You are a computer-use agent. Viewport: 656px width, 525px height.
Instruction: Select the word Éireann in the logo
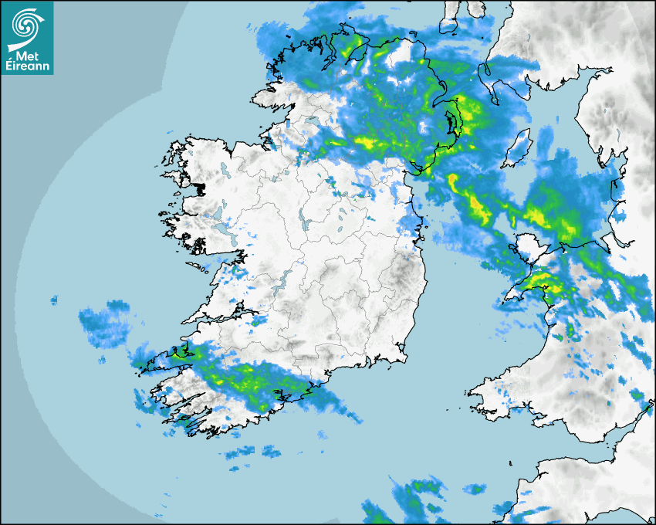[28, 66]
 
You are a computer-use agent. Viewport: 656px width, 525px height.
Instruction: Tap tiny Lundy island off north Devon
[512, 462]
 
